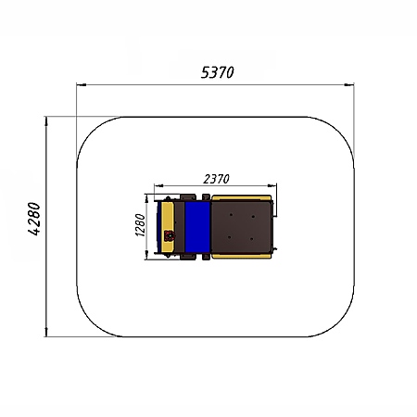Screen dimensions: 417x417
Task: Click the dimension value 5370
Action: click(218, 73)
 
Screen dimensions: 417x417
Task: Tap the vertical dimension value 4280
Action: click(34, 219)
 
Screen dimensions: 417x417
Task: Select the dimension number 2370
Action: click(216, 179)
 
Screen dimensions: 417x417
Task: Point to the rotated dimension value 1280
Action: click(140, 225)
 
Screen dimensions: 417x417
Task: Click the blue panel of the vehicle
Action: click(197, 227)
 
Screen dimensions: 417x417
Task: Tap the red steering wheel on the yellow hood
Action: click(169, 236)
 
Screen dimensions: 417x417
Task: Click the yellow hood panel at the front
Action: click(168, 227)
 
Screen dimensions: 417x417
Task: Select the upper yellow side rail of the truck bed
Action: click(241, 197)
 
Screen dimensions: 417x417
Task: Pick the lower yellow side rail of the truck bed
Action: click(241, 256)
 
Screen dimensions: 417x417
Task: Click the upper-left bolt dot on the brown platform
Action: click(231, 215)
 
